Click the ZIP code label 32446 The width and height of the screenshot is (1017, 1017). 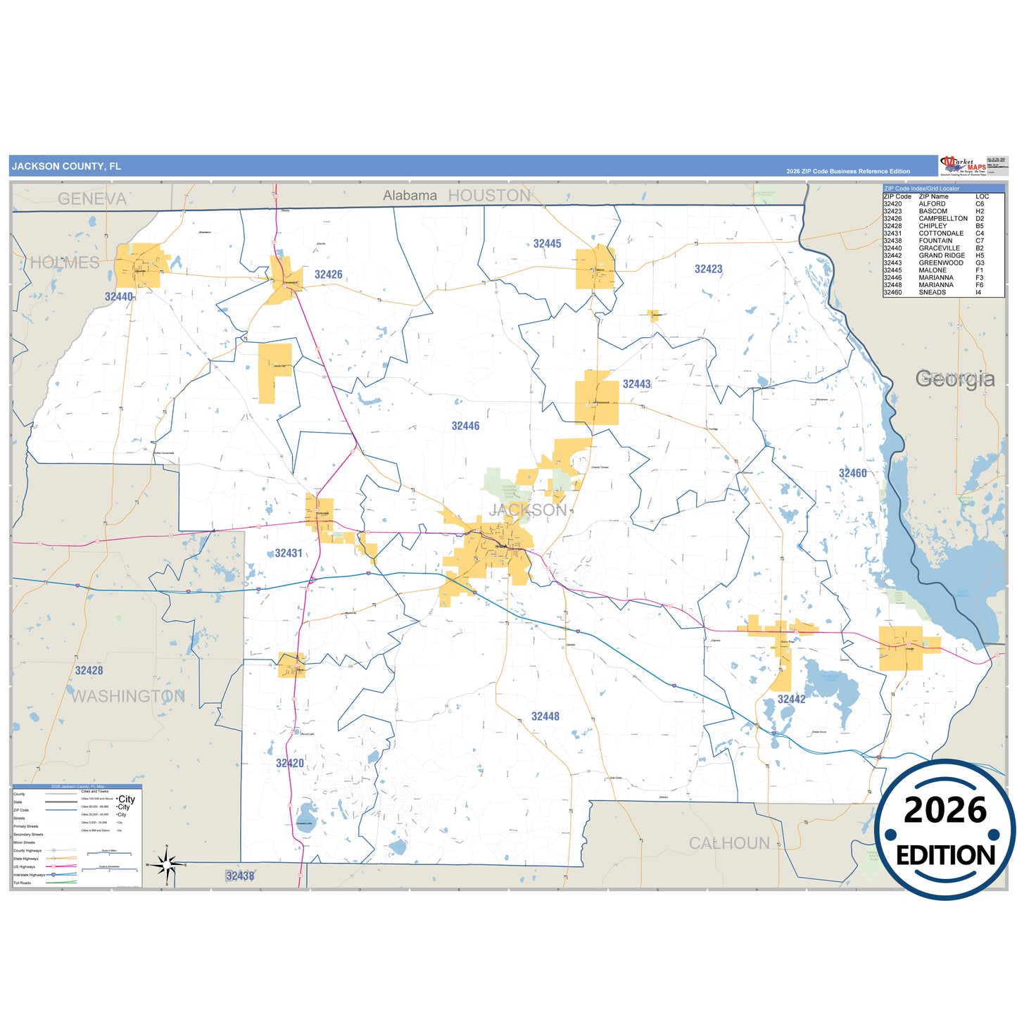pos(465,426)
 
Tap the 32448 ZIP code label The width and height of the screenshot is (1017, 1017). pos(545,716)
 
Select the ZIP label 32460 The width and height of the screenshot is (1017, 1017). pos(852,473)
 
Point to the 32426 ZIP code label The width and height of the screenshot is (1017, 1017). pos(329,274)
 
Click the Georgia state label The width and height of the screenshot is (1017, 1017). pos(954,379)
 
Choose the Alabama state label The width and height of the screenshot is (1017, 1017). pos(410,196)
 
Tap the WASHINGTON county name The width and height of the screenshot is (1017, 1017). pos(128,696)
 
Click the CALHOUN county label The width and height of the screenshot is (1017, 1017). pos(729,843)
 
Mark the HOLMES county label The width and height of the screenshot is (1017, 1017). pos(65,263)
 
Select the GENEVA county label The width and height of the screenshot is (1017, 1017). pos(92,199)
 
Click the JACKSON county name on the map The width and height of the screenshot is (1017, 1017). pos(528,510)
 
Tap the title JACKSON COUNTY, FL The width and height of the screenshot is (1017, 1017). pos(66,166)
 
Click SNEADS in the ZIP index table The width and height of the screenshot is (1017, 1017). pos(932,293)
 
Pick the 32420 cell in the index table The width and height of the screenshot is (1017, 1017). pos(892,204)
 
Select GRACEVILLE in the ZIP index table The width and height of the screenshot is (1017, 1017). pos(939,248)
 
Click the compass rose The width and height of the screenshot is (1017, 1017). pos(167,864)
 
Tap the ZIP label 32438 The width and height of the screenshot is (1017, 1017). pos(240,876)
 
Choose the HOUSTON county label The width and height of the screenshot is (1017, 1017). pos(489,196)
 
